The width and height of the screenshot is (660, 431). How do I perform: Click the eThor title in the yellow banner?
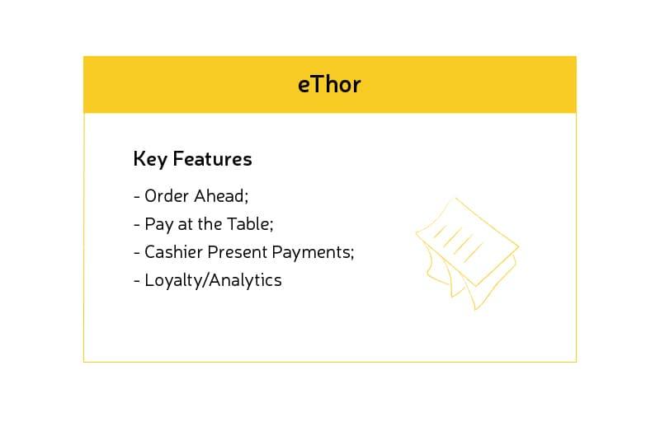pyautogui.click(x=329, y=85)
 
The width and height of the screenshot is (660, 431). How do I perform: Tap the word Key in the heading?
pyautogui.click(x=150, y=160)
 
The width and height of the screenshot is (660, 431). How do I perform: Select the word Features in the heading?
pyautogui.click(x=213, y=159)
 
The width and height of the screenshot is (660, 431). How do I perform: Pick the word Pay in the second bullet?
pyautogui.click(x=159, y=224)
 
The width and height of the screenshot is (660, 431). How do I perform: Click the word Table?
pyautogui.click(x=248, y=224)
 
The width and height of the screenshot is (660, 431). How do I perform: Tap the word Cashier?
pyautogui.click(x=173, y=252)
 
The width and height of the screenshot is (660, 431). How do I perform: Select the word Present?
pyautogui.click(x=238, y=252)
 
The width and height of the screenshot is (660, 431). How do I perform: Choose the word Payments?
pyautogui.click(x=311, y=253)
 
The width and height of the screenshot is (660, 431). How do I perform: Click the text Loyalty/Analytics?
pyautogui.click(x=213, y=280)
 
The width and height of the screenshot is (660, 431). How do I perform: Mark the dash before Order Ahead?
pyautogui.click(x=137, y=197)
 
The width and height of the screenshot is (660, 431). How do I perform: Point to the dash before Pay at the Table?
pyautogui.click(x=137, y=225)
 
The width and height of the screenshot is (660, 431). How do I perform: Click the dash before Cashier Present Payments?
pyautogui.click(x=137, y=253)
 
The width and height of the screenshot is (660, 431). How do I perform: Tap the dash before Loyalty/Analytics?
pyautogui.click(x=137, y=281)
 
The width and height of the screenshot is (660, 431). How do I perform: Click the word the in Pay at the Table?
pyautogui.click(x=210, y=224)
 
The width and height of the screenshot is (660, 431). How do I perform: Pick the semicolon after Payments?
pyautogui.click(x=352, y=255)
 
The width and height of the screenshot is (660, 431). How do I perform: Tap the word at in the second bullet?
pyautogui.click(x=185, y=225)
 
